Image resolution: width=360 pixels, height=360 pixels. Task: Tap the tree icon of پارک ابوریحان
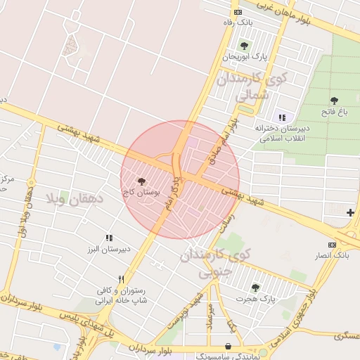click(244, 46)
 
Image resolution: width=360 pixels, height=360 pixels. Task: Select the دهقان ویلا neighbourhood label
click(74, 199)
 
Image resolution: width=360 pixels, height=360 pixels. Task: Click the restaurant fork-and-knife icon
click(122, 279)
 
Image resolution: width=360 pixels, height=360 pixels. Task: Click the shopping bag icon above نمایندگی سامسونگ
click(228, 346)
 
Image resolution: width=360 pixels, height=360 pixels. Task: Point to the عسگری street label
click(349, 336)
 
